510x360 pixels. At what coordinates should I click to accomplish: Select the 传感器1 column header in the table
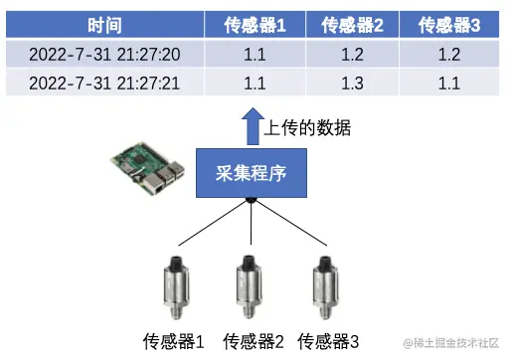[x=254, y=25]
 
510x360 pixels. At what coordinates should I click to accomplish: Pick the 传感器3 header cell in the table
[x=449, y=25]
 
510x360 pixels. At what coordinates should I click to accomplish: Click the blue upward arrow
[x=252, y=126]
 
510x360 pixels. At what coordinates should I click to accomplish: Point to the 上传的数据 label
[x=308, y=128]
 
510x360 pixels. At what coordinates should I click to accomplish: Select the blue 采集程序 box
[x=252, y=174]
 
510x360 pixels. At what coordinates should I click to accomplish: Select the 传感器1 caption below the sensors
[x=174, y=342]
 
